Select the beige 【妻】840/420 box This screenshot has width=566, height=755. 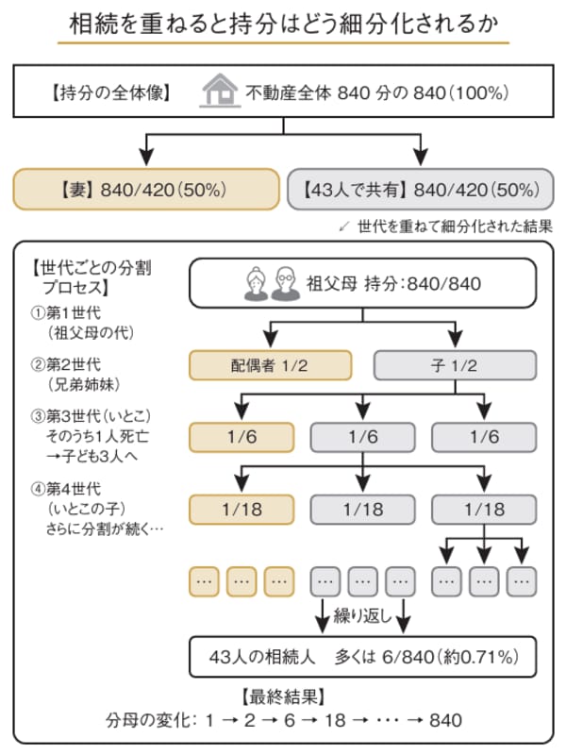click(x=146, y=190)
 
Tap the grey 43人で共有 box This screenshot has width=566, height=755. click(x=421, y=190)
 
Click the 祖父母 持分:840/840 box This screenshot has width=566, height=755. click(x=363, y=283)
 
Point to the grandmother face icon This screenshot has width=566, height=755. click(x=257, y=285)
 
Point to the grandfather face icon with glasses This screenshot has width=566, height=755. click(x=285, y=284)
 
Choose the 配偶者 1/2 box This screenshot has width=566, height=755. click(x=271, y=365)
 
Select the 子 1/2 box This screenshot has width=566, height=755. click(x=456, y=365)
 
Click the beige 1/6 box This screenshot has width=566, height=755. click(x=241, y=437)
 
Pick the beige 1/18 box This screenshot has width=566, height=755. click(x=241, y=510)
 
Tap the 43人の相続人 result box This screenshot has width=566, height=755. click(x=363, y=657)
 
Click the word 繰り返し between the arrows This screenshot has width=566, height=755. click(x=363, y=616)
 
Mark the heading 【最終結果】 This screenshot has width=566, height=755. click(x=283, y=696)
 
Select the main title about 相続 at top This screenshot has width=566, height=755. click(x=284, y=24)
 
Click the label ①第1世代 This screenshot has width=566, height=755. click(x=66, y=313)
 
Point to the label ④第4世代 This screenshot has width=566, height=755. click(x=66, y=489)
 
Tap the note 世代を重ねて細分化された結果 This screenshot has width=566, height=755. click(x=455, y=226)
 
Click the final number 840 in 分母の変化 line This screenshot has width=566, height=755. click(x=445, y=720)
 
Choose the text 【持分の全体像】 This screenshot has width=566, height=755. click(x=111, y=92)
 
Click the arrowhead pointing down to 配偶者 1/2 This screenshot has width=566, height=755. click(x=272, y=339)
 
